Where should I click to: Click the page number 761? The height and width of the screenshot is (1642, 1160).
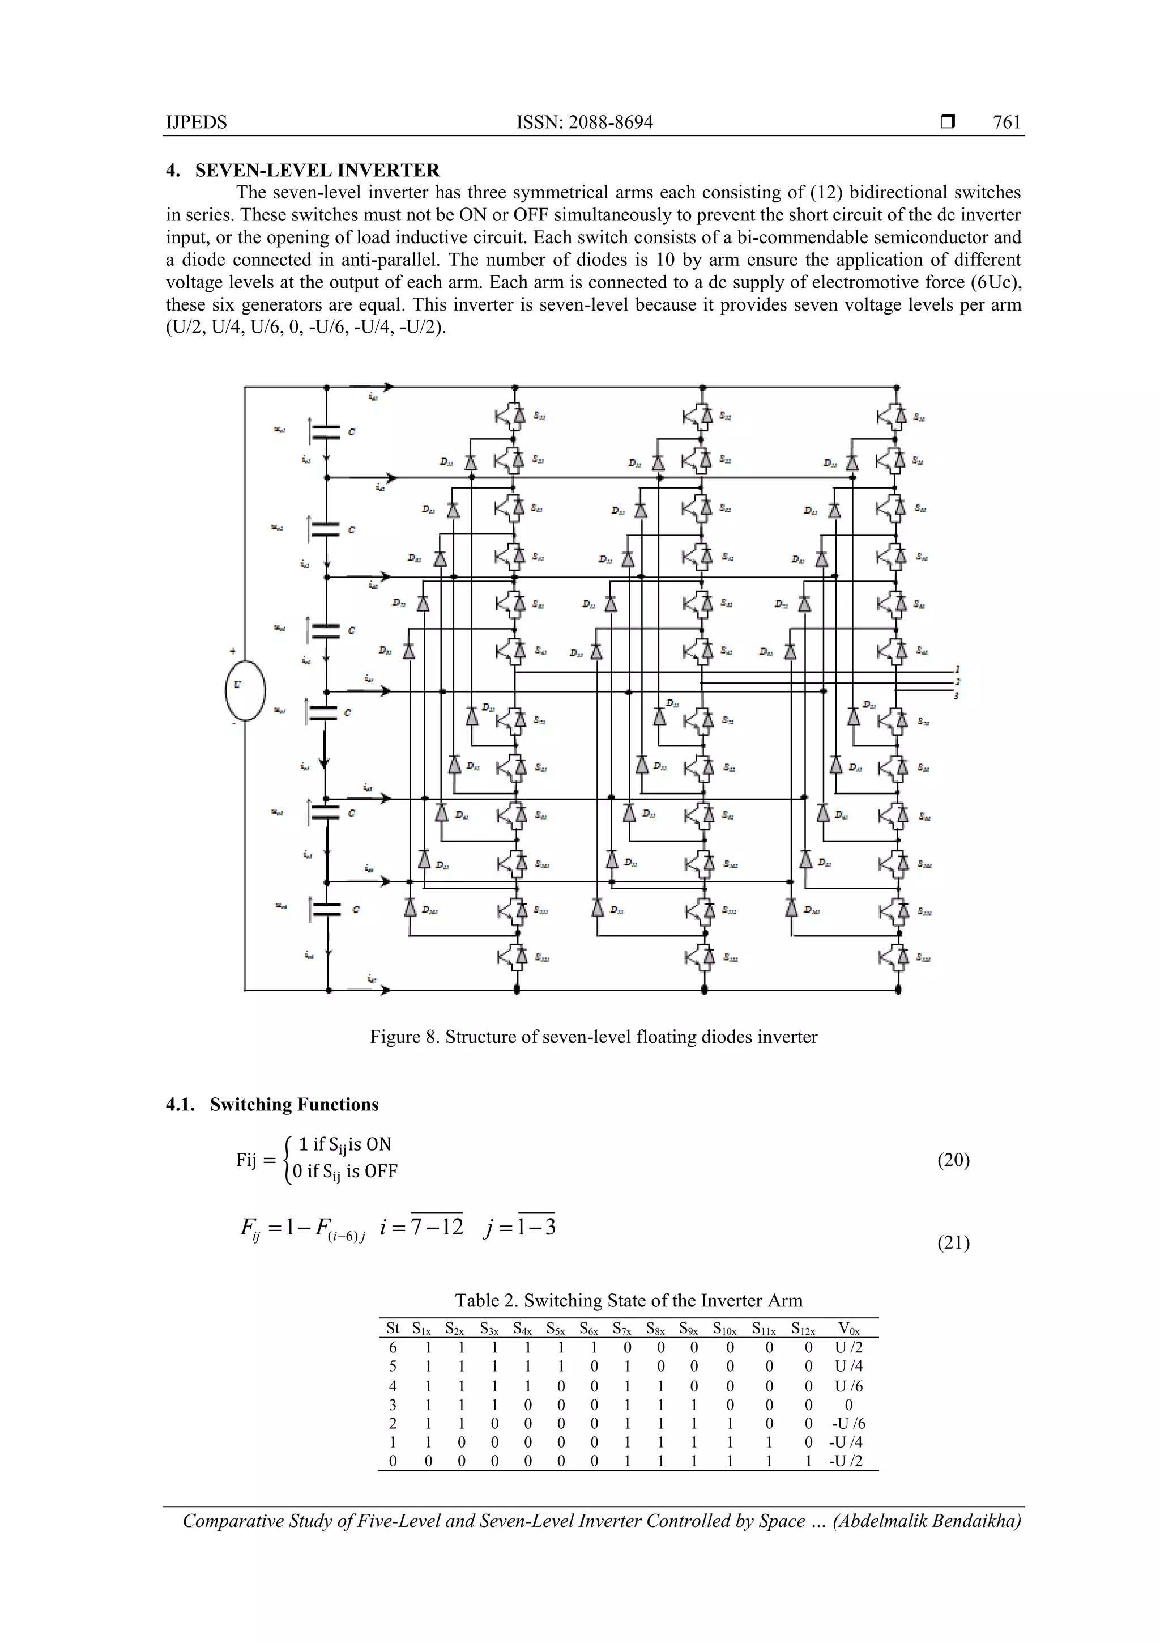click(x=1007, y=122)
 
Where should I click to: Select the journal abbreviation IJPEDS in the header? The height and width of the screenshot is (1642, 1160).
click(x=196, y=122)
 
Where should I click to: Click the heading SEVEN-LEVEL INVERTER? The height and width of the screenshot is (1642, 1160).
click(x=317, y=170)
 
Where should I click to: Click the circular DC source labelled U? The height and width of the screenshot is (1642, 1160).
click(x=245, y=690)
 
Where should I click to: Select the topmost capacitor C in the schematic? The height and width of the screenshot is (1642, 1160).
click(x=327, y=431)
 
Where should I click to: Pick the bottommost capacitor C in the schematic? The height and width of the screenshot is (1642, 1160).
click(x=327, y=909)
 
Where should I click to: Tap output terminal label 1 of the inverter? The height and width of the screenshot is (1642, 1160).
click(x=957, y=669)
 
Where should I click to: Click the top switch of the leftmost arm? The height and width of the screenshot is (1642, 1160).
click(x=511, y=415)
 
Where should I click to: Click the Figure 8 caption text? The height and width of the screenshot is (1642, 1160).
click(x=593, y=1037)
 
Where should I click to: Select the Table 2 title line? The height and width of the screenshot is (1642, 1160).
click(x=628, y=1300)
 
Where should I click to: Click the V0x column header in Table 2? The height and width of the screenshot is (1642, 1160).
click(x=848, y=1329)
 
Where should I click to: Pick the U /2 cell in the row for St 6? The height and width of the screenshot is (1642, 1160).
click(x=848, y=1348)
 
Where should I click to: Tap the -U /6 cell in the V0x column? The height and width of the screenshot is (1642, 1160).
click(x=848, y=1423)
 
